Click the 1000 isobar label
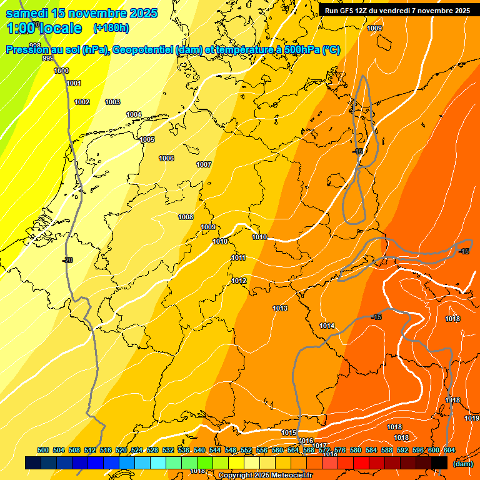click(61, 71)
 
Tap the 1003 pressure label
click(112, 102)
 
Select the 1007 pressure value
click(204, 164)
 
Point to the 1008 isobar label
click(186, 217)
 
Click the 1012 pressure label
click(239, 281)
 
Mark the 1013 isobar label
click(280, 308)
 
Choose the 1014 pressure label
click(327, 326)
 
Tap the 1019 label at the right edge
click(472, 418)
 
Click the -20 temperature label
click(67, 260)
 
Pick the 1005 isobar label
click(147, 139)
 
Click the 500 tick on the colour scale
click(43, 450)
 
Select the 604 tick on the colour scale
click(449, 450)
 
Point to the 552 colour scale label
click(246, 450)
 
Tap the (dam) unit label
click(462, 463)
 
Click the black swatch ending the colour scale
click(440, 462)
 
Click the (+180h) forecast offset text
click(111, 28)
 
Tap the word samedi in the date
click(28, 13)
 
